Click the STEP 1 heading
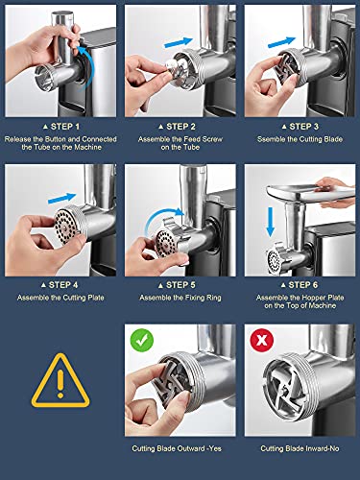[61, 127]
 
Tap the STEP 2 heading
[177, 127]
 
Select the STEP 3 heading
[300, 127]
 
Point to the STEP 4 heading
[60, 285]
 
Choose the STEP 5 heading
[177, 285]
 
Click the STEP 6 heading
[300, 285]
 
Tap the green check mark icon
[142, 341]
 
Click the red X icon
[262, 341]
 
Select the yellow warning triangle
[60, 381]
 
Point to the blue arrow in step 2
[179, 42]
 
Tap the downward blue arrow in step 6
[271, 222]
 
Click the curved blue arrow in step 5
[160, 214]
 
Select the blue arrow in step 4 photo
[62, 198]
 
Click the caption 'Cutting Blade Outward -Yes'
[177, 448]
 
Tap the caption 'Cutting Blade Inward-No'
[300, 448]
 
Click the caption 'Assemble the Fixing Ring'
[180, 298]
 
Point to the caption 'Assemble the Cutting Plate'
[60, 298]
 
